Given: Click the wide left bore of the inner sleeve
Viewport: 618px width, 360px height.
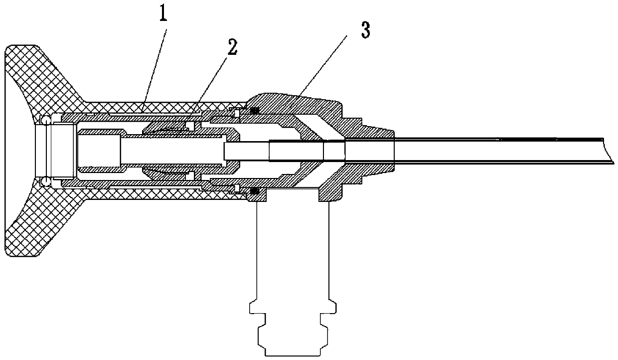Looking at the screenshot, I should click(x=100, y=150).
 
